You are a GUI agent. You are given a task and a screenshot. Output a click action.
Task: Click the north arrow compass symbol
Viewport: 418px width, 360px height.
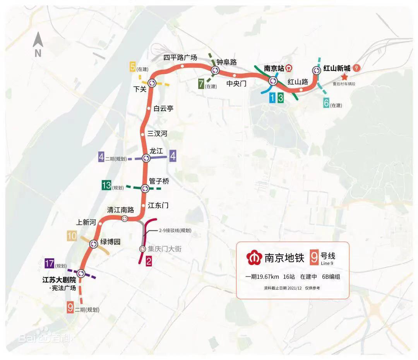tap(38, 45)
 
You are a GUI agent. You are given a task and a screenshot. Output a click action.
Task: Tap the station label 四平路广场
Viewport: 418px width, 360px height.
tap(180, 58)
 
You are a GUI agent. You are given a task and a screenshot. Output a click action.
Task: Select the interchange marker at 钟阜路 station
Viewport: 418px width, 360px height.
tap(215, 70)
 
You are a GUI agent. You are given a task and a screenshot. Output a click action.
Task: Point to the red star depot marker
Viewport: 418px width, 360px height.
tap(344, 77)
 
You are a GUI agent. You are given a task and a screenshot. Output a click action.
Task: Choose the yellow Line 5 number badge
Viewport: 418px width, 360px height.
tap(133, 67)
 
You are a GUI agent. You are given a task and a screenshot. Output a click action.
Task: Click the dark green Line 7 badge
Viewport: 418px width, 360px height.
tap(201, 84)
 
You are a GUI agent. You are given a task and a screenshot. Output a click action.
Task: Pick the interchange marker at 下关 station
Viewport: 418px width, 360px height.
tap(151, 83)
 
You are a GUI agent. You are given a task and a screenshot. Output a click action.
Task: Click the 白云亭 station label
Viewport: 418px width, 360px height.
tap(163, 109)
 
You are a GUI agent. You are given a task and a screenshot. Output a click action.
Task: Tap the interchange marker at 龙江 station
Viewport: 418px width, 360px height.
tap(146, 158)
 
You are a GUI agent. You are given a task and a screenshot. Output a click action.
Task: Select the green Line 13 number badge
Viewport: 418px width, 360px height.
tap(106, 185)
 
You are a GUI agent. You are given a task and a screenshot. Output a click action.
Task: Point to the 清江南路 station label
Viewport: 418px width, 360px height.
tap(120, 210)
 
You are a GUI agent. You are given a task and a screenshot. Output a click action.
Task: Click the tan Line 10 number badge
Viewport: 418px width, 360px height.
tap(72, 235)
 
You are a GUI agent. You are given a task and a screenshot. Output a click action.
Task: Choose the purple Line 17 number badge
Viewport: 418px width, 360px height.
tap(49, 263)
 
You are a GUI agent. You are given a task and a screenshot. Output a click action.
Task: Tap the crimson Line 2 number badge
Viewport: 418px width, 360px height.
tap(148, 262)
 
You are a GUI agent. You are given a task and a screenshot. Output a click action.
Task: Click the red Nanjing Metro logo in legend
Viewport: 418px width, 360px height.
tap(254, 258)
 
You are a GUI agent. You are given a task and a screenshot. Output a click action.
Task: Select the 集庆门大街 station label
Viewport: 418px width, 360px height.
tap(164, 249)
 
